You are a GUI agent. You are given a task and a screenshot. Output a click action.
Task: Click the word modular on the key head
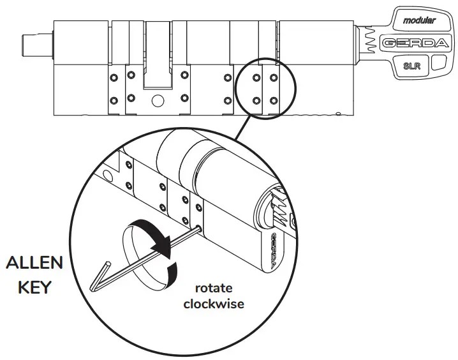[419, 20]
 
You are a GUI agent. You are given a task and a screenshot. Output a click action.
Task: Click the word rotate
[214, 287]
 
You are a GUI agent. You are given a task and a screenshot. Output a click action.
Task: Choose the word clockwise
[214, 304]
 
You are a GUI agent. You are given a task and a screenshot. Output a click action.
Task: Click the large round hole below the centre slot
[158, 100]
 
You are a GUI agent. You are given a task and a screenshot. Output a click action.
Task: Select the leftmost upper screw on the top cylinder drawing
[113, 78]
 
